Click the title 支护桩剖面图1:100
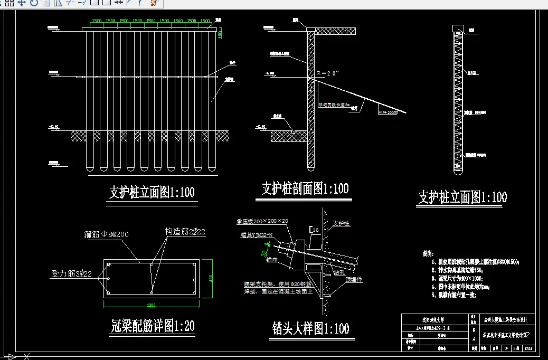click(305, 188)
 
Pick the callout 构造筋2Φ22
click(185, 231)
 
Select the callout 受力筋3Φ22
click(72, 273)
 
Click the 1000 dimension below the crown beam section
click(152, 305)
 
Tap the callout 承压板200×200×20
click(263, 221)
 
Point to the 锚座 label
click(272, 260)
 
